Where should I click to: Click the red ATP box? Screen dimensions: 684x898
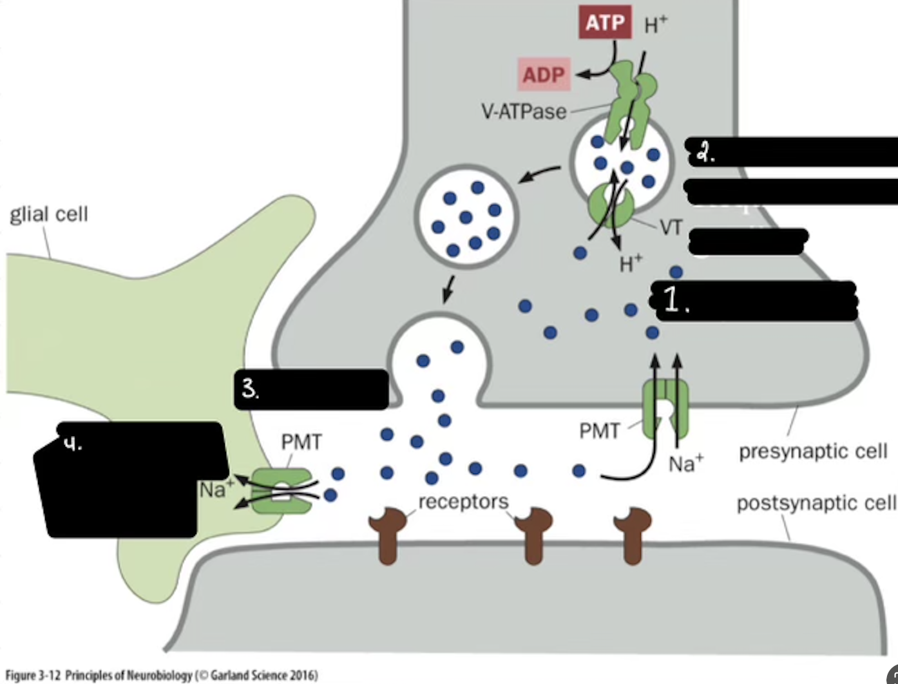click(604, 23)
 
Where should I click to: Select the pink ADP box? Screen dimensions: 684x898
click(544, 75)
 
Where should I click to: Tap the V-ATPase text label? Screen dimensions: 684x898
click(523, 111)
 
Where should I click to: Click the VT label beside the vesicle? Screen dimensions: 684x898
click(671, 227)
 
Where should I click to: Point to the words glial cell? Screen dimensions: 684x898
click(49, 214)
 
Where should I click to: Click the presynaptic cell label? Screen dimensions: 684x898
click(813, 451)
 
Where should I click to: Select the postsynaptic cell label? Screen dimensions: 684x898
click(816, 502)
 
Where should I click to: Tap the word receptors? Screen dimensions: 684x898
click(463, 501)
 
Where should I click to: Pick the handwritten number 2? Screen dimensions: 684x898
click(706, 154)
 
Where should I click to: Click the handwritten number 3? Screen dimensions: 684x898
click(250, 388)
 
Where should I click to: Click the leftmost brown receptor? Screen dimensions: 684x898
click(387, 535)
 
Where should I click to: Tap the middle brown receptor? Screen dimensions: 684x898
click(533, 535)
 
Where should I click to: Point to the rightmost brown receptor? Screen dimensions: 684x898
click(633, 535)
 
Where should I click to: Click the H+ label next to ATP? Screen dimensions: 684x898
click(656, 24)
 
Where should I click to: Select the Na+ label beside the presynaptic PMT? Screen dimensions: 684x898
click(685, 463)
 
